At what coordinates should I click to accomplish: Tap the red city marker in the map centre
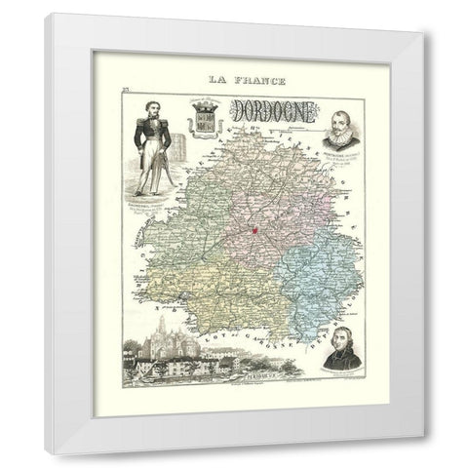252,231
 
